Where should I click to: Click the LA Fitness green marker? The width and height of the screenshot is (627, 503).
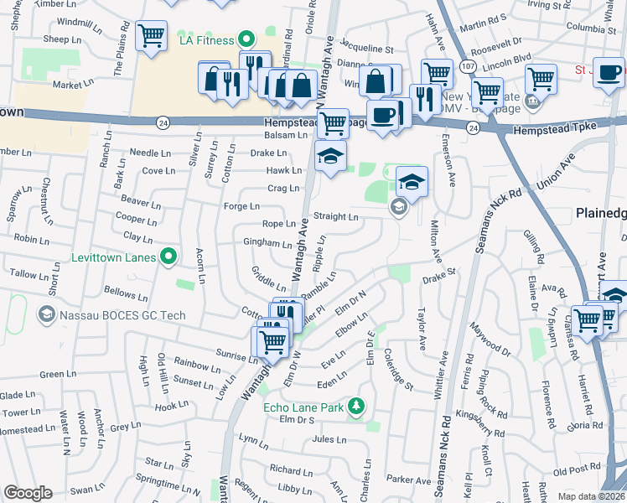pyautogui.click(x=246, y=39)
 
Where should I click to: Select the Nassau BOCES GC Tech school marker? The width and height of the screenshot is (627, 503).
pyautogui.click(x=47, y=314)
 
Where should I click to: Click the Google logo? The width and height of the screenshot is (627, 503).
pyautogui.click(x=28, y=493)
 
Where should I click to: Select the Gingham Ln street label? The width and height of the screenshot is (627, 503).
pyautogui.click(x=267, y=242)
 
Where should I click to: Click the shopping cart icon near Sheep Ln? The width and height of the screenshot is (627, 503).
pyautogui.click(x=151, y=35)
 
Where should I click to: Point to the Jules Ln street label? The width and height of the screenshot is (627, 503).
pyautogui.click(x=329, y=439)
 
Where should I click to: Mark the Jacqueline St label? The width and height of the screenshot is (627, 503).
pyautogui.click(x=366, y=49)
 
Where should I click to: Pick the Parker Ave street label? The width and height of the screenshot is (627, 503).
pyautogui.click(x=409, y=480)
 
